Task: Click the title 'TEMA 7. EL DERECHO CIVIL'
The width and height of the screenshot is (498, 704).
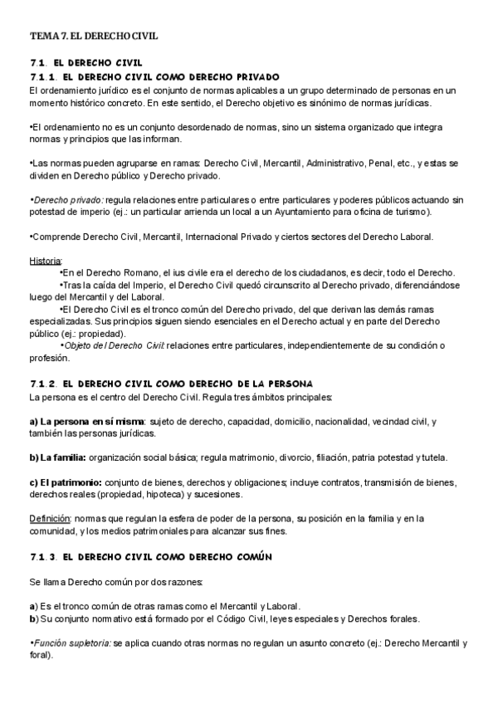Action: point(93,37)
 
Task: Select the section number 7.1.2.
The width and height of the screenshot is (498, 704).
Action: point(41,383)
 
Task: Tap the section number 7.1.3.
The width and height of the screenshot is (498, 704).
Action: point(41,555)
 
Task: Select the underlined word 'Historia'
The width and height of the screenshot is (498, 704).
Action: point(45,262)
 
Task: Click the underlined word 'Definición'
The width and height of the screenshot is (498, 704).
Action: point(49,519)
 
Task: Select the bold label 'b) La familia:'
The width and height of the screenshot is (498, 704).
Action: point(58,457)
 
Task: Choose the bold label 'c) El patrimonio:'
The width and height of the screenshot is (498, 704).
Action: point(66,482)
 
